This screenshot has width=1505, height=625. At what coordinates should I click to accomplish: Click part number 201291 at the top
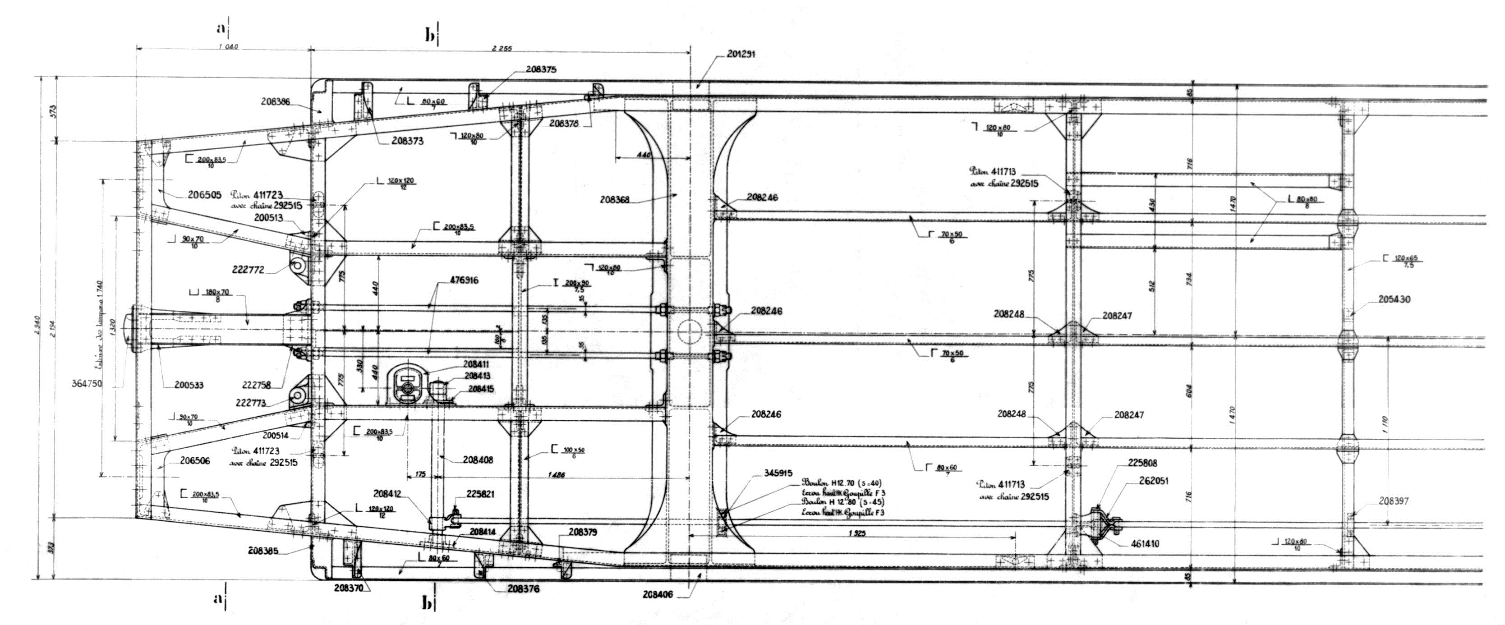(742, 54)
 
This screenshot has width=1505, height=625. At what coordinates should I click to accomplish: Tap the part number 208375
(541, 69)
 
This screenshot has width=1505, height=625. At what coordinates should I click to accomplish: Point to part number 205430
(1395, 300)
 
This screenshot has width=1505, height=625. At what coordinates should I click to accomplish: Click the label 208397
(1395, 501)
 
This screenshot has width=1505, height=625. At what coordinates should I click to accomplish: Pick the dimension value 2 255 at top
(502, 49)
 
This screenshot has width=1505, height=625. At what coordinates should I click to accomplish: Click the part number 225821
(480, 494)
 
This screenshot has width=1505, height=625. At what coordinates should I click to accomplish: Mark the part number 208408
(478, 460)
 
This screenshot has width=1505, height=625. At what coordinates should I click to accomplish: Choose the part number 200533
(190, 385)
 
